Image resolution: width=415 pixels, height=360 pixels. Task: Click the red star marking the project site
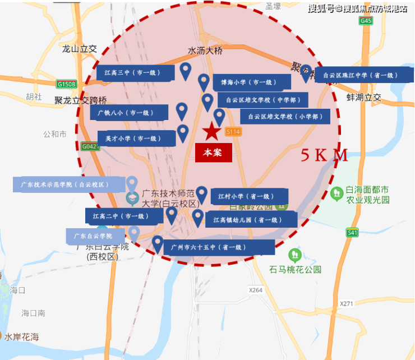(211, 132)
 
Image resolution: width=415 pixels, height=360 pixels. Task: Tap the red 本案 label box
(213, 153)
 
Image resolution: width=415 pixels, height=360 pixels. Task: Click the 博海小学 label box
(251, 82)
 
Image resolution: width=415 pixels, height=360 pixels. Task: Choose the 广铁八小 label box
(128, 113)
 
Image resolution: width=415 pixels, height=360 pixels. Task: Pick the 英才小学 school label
(136, 138)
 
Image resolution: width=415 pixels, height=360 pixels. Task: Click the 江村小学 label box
(250, 196)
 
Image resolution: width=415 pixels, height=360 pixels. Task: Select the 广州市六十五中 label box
(219, 247)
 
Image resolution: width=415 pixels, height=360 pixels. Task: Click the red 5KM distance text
(324, 155)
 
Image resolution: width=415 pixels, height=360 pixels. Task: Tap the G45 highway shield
(366, 21)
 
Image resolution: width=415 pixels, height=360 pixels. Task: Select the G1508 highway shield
(66, 84)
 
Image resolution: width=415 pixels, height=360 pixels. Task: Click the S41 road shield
(352, 233)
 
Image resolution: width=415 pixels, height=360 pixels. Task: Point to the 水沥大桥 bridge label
(205, 50)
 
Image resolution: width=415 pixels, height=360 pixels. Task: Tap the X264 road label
(255, 290)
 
